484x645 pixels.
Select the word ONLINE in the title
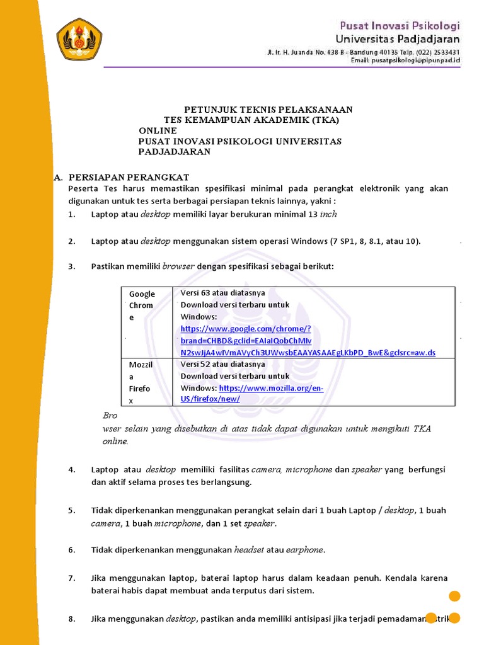coord(158,130)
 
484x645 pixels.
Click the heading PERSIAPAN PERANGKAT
coord(129,177)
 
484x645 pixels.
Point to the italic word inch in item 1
coord(328,214)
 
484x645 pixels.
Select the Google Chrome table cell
coord(142,305)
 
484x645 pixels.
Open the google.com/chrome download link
coord(308,341)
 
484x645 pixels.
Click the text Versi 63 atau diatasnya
coord(223,293)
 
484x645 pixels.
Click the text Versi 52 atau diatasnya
coord(223,364)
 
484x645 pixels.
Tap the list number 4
coord(72,470)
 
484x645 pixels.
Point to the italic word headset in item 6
coord(250,550)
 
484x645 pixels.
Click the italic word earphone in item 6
coord(304,550)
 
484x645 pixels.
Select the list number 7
coord(72,578)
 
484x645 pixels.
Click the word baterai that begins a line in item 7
coord(107,591)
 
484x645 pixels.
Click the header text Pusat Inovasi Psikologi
coord(400,26)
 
